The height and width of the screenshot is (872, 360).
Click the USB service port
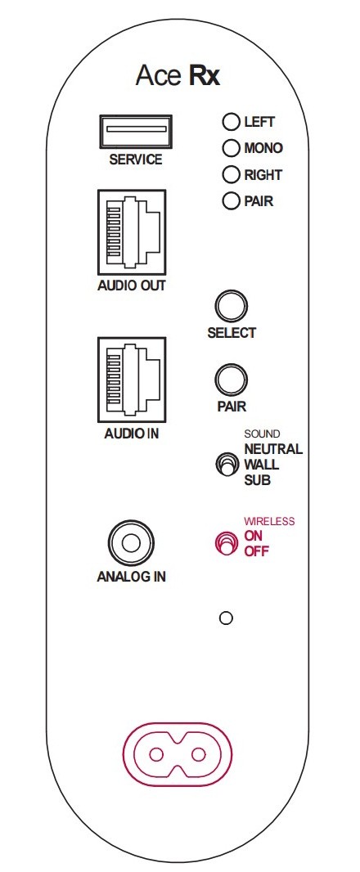pos(135,131)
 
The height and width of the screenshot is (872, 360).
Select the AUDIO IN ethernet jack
pos(131,380)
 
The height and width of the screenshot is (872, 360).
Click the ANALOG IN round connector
pos(131,543)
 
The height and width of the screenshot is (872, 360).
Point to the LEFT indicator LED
pos(231,122)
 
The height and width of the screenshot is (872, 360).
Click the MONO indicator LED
pos(231,149)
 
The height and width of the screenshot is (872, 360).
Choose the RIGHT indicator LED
pos(231,174)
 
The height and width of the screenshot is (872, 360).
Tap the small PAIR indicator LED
pos(231,200)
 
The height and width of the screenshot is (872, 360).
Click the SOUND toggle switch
pos(224,465)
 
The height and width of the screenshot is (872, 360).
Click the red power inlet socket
pos(177,755)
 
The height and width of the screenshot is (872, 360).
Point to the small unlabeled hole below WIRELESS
pos(226,618)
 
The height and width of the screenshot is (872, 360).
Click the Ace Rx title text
pos(178,75)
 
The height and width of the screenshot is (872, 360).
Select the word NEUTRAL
pos(273,449)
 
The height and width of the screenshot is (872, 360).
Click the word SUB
pos(257,480)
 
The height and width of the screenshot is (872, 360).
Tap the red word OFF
pos(257,551)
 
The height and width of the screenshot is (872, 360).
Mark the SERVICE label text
pos(136,160)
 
